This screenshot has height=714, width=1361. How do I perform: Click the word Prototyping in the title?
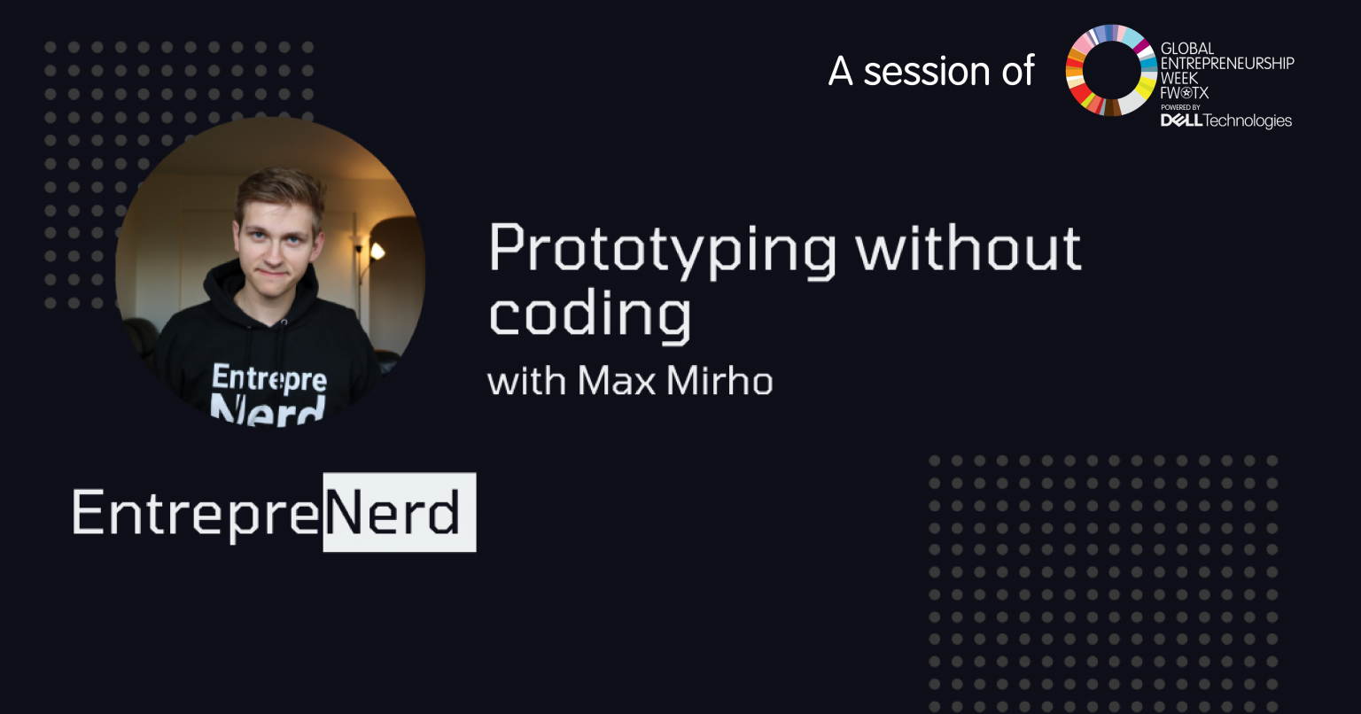[x=662, y=251]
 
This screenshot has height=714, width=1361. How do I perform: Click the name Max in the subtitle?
[x=616, y=381]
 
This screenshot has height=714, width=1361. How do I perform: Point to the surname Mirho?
[x=719, y=381]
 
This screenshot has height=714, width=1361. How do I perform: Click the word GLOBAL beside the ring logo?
[x=1187, y=49]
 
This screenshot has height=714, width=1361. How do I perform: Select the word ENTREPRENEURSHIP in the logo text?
[x=1227, y=63]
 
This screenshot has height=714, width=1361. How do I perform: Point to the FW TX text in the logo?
[x=1184, y=93]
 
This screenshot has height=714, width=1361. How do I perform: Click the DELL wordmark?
[x=1181, y=120]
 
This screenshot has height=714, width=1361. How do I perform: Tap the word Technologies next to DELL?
[x=1248, y=121]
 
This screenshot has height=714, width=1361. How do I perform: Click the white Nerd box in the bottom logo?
[x=400, y=512]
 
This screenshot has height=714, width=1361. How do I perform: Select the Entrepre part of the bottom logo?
[x=196, y=514]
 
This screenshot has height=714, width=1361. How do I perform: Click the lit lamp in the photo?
[x=377, y=251]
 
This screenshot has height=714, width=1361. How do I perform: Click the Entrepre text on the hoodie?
[x=269, y=378]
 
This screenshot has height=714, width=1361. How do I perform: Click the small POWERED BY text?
[x=1180, y=107]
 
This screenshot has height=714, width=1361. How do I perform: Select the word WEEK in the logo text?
[x=1178, y=78]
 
